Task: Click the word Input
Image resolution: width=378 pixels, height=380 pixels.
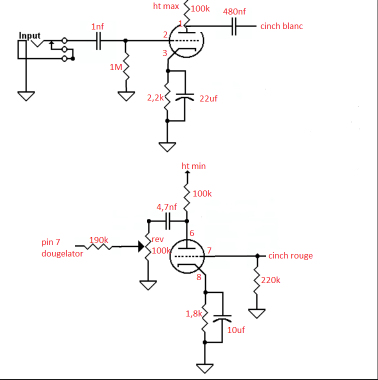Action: [x=29, y=35]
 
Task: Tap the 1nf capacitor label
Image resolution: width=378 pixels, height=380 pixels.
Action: [x=98, y=26]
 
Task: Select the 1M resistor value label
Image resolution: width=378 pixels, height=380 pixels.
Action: [x=115, y=67]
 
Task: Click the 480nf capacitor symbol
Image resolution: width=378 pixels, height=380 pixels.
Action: [x=234, y=26]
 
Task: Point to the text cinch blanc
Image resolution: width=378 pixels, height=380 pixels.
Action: [x=281, y=26]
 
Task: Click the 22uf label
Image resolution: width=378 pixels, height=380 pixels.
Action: [x=208, y=98]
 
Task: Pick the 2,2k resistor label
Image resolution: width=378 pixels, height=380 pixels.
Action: [x=155, y=98]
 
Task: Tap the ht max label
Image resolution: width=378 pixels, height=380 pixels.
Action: [x=165, y=6]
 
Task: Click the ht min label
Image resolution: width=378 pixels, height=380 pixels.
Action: [x=193, y=166]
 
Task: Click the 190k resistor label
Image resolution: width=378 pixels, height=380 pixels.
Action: [x=99, y=240]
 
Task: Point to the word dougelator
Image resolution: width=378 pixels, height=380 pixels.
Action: [x=62, y=253]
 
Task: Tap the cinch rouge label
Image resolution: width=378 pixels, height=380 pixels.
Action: [x=290, y=255]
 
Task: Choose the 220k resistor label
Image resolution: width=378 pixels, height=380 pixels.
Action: [x=271, y=280]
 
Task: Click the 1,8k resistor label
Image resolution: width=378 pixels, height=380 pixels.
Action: [x=194, y=313]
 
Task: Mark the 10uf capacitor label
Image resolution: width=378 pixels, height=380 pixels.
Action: [x=236, y=330]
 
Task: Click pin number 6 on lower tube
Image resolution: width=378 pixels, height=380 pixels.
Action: [x=192, y=232]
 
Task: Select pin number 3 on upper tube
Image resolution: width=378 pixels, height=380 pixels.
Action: [x=164, y=53]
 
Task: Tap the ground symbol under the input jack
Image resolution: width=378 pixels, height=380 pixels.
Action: [x=25, y=95]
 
